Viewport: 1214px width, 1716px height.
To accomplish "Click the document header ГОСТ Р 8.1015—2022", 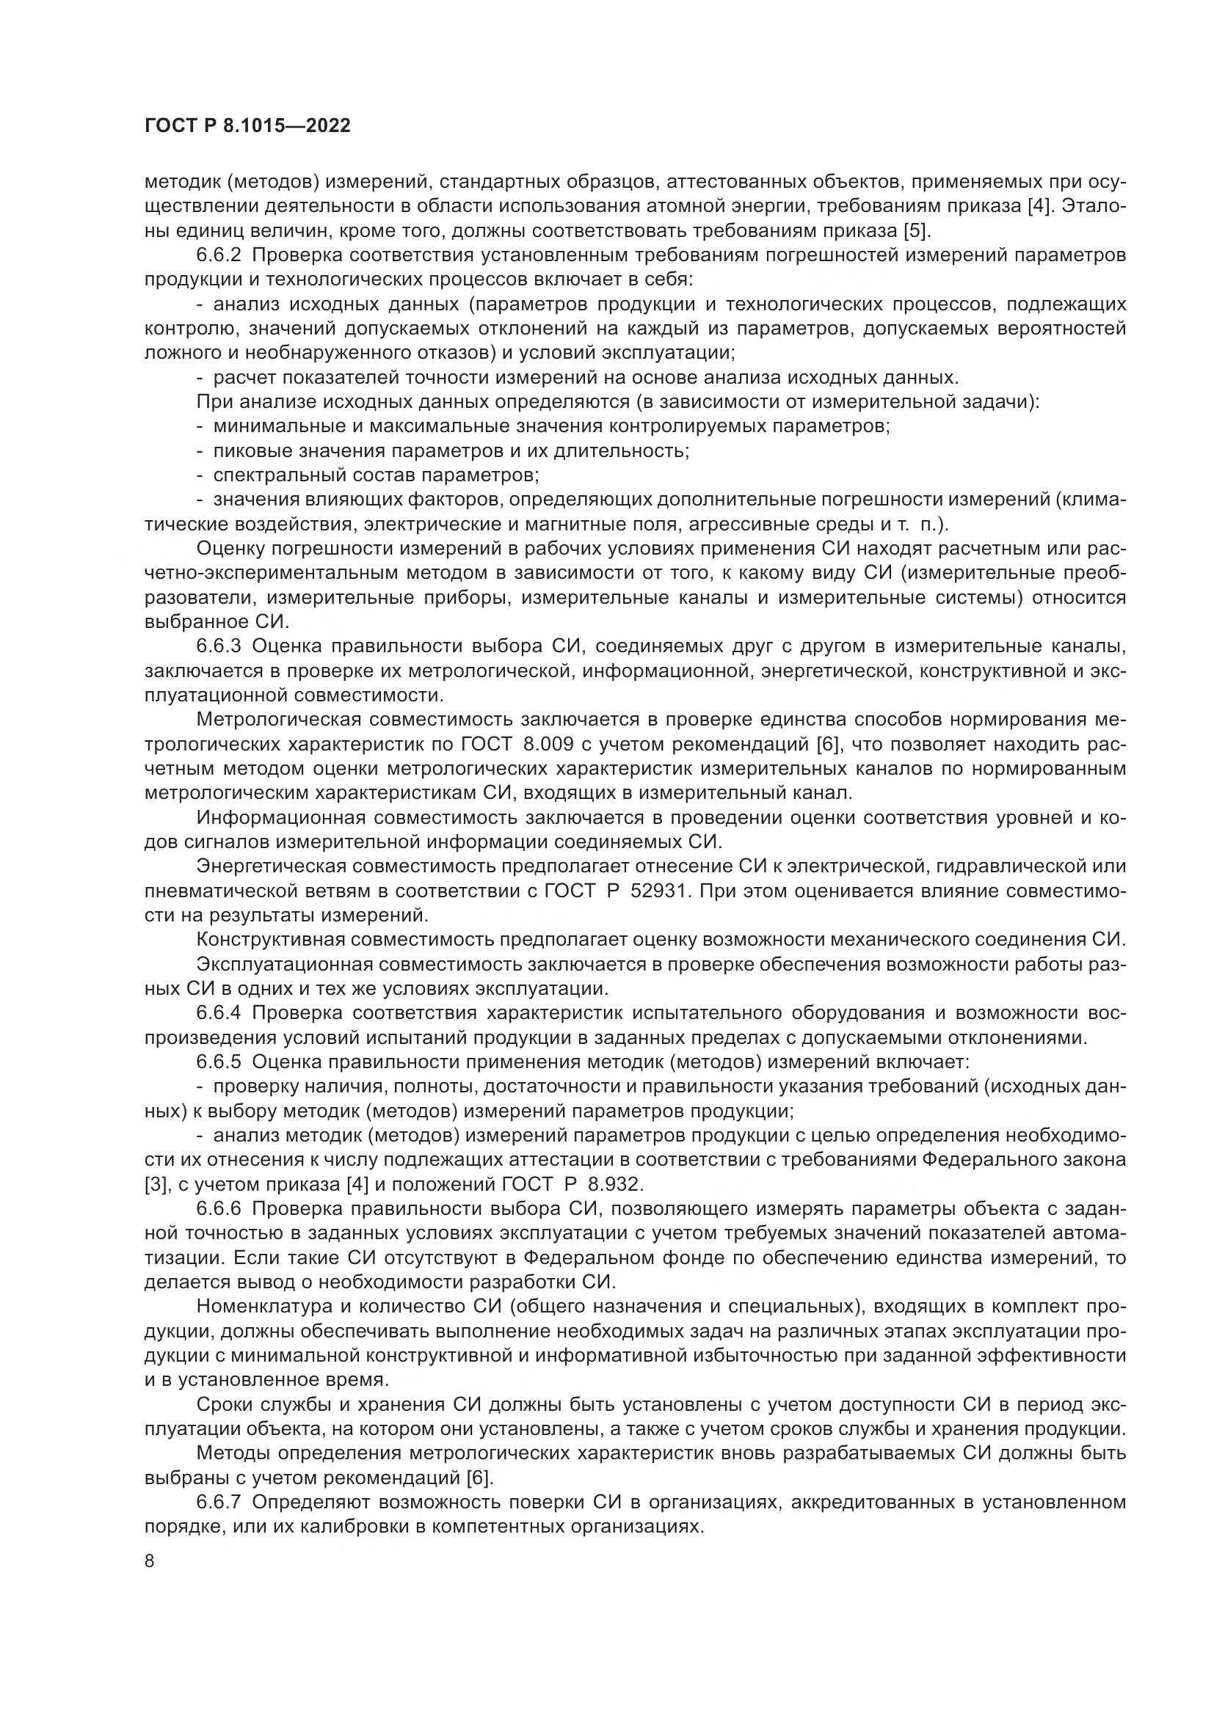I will coord(247,126).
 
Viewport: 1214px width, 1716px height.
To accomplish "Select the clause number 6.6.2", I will coord(219,255).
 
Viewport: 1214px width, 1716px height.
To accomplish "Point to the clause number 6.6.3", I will coord(219,646).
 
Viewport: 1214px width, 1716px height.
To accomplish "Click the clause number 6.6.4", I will coord(219,1012).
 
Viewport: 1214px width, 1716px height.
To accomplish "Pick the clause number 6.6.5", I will coord(219,1062).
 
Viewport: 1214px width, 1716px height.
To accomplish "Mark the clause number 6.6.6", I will coord(219,1208).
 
